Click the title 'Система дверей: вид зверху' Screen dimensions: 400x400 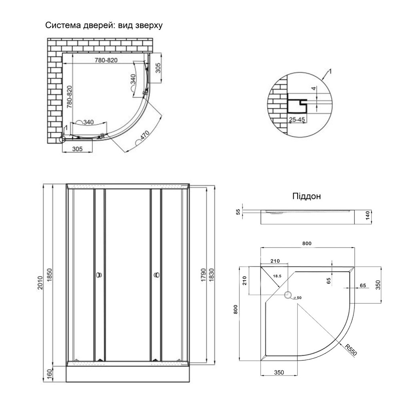coord(103,26)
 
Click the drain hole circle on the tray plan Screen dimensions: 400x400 coord(288,296)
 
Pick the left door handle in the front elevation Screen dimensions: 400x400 coord(99,275)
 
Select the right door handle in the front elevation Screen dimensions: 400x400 coord(156,275)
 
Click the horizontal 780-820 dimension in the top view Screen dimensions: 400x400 coord(106,60)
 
